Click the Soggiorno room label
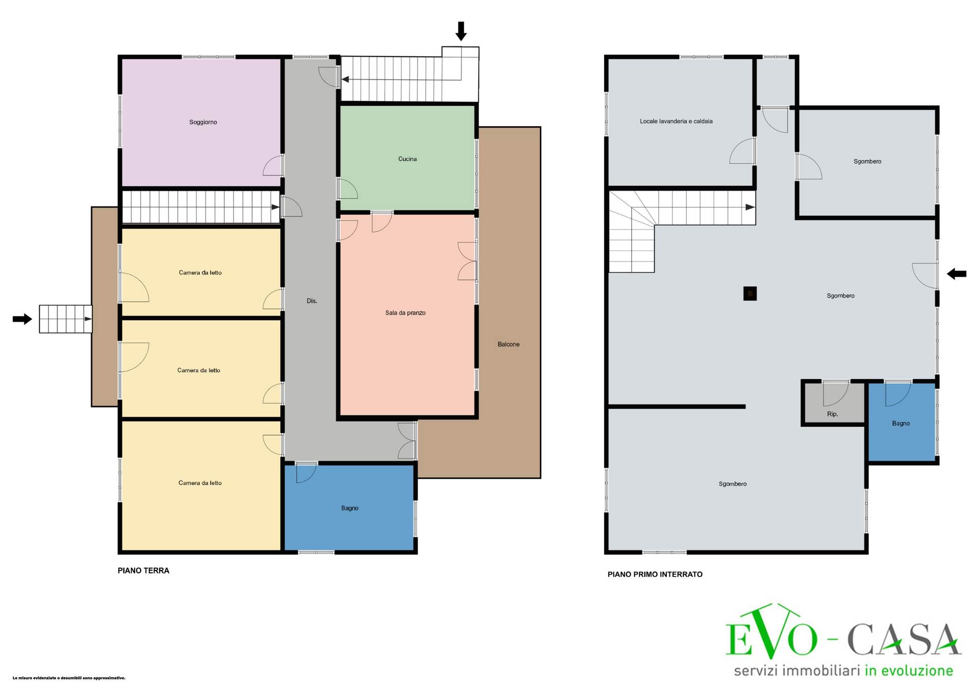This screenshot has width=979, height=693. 203,122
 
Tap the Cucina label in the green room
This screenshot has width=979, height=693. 407,159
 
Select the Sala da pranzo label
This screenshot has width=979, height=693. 405,313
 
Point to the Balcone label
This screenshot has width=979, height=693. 508,344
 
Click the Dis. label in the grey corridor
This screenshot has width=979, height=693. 312,301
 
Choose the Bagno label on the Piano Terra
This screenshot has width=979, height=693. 350,508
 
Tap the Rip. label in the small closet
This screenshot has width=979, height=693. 833,414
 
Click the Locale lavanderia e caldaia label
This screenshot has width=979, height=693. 676,121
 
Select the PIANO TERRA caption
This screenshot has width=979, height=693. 143,571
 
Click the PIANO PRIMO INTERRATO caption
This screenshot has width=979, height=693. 655,574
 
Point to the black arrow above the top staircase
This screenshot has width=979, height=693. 461,31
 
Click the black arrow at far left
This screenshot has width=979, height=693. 22,319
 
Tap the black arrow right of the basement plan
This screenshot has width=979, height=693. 957,274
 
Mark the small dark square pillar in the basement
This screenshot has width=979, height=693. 750,293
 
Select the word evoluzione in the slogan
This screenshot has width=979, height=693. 914,671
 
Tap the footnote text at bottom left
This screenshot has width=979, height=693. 69,678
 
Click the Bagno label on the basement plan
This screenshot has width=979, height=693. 901,424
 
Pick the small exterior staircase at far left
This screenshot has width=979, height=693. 66,319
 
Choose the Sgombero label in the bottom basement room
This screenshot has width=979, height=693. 733,484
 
